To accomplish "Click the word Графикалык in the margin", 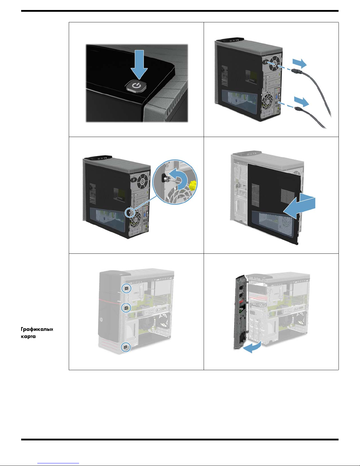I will (37, 329).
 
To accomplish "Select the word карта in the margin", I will (28, 336).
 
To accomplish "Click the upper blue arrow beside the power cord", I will (299, 63).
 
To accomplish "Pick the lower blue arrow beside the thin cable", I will (302, 102).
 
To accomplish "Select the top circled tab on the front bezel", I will (126, 288).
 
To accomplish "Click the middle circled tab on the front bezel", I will (126, 308).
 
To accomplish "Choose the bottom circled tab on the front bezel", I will (126, 347).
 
